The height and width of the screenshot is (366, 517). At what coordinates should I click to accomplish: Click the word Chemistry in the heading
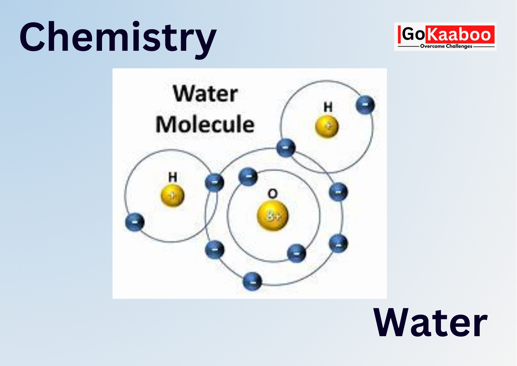click(x=118, y=38)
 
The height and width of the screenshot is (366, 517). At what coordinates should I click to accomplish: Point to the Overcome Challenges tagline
click(x=446, y=46)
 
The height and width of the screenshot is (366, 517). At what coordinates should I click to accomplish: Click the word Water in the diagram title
click(x=205, y=94)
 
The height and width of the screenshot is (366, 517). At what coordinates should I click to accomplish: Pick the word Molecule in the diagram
click(x=205, y=125)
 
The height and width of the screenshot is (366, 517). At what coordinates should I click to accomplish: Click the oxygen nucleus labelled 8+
click(x=273, y=215)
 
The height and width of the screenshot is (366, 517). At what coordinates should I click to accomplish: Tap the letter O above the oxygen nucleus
click(x=272, y=194)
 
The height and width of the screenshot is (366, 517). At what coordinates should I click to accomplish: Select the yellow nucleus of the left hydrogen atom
click(x=172, y=195)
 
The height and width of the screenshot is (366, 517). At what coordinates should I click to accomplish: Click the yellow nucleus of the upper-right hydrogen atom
click(x=327, y=126)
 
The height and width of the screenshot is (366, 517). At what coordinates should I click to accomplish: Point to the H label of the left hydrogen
click(x=173, y=177)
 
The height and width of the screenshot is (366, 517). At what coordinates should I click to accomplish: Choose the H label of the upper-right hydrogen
click(x=328, y=107)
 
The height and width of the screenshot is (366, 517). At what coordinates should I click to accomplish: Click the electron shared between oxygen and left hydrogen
click(x=214, y=182)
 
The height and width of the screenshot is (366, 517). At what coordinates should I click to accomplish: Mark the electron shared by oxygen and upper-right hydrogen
click(x=286, y=147)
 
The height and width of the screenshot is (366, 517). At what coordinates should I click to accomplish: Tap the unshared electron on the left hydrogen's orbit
click(x=135, y=222)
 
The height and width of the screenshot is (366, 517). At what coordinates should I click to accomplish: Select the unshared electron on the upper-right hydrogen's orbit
click(x=365, y=105)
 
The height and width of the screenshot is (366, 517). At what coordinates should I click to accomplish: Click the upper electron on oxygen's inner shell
click(x=248, y=177)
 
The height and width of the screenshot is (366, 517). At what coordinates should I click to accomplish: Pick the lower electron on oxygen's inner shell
click(x=297, y=253)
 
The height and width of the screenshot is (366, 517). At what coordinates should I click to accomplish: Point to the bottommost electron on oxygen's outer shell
click(x=252, y=281)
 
